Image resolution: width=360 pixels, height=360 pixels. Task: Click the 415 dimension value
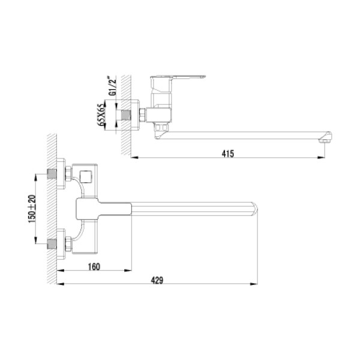click(x=227, y=154)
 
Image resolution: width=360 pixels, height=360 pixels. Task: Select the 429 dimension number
click(x=157, y=280)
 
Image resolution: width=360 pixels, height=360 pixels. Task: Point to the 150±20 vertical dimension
click(x=32, y=209)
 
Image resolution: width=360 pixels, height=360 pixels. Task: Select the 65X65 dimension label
click(x=102, y=114)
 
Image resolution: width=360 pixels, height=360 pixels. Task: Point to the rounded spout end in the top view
click(x=254, y=209)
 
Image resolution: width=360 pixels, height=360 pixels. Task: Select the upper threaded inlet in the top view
click(x=53, y=175)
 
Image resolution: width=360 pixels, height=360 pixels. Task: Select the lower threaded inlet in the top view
click(x=53, y=244)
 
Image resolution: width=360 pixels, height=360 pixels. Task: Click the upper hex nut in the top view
click(x=68, y=175)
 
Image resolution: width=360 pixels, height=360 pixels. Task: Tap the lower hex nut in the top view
click(x=68, y=244)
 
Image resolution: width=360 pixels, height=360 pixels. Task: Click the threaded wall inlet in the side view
click(x=125, y=114)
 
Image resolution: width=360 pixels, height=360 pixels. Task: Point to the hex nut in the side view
click(x=143, y=114)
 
